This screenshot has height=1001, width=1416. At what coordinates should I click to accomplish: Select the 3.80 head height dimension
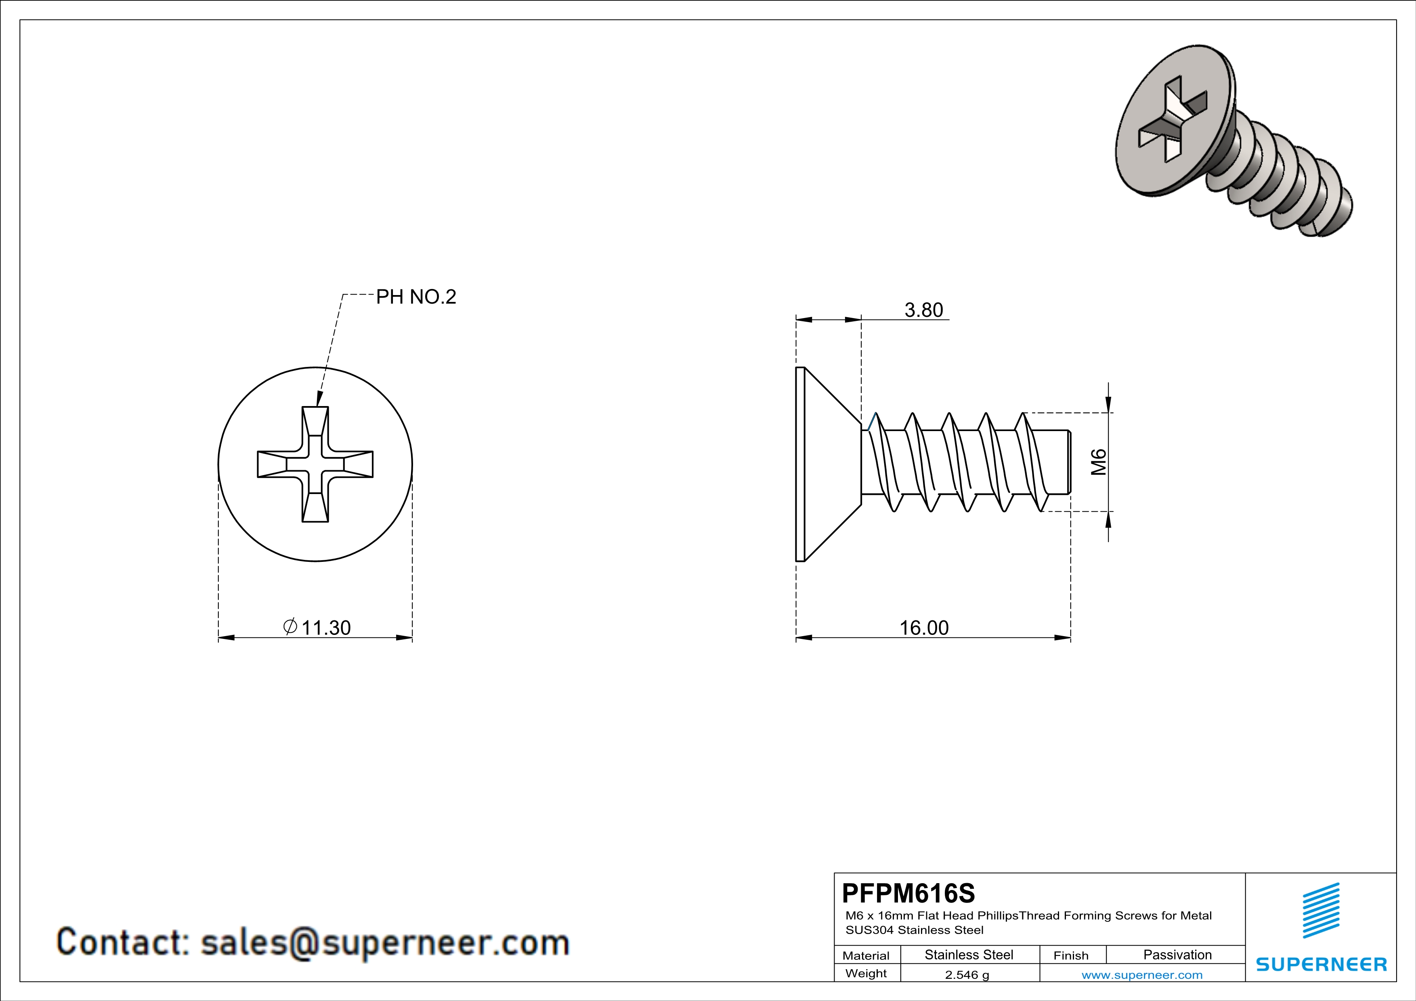(x=923, y=310)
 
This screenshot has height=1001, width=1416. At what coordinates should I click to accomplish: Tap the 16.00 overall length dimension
(x=923, y=628)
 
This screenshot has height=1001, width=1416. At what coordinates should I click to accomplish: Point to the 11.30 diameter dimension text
(x=325, y=628)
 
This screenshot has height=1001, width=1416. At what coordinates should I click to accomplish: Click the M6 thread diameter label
(x=1098, y=462)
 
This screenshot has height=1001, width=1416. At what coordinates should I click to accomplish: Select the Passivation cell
(x=1177, y=955)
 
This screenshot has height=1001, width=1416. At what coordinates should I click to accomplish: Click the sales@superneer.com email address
(x=385, y=943)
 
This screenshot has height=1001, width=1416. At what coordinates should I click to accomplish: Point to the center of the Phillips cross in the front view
(x=315, y=464)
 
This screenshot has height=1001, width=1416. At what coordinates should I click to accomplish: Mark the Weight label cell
(x=866, y=974)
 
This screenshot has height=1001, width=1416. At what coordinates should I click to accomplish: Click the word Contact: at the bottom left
(x=123, y=943)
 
